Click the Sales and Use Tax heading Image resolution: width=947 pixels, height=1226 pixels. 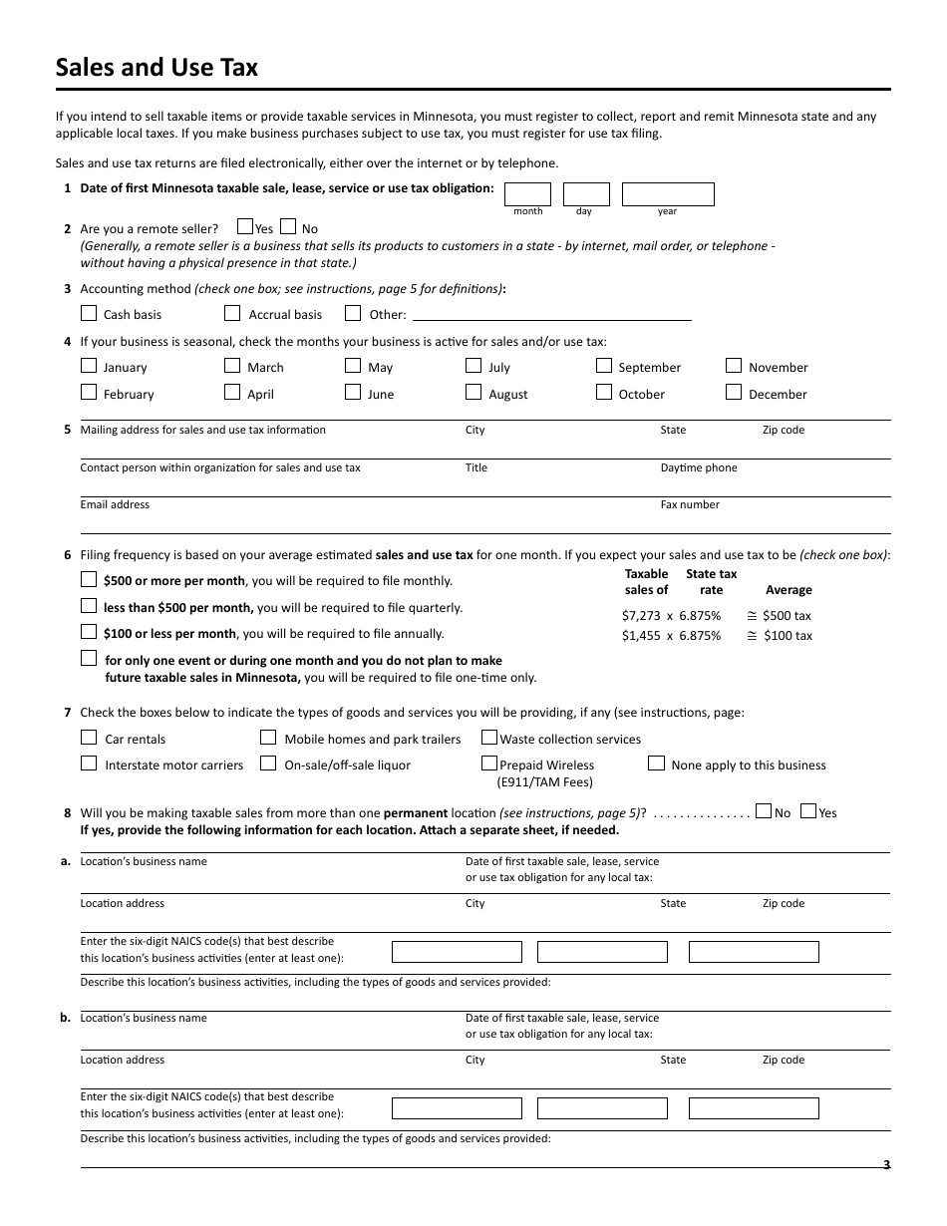pos(157,67)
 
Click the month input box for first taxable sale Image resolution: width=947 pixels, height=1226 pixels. pos(527,193)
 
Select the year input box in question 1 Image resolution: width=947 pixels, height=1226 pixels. pos(668,193)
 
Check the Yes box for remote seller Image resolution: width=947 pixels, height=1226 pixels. pos(245,226)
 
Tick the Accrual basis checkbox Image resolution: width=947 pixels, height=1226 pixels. pos(232,313)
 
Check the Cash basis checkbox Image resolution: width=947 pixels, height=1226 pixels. pos(89,313)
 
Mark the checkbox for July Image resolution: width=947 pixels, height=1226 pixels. pos(473,366)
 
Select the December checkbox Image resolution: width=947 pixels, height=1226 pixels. pos(734,393)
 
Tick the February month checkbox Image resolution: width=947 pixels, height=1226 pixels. pos(89,393)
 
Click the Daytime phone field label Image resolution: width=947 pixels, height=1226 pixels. pos(699,467)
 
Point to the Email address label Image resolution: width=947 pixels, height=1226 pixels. pos(115,504)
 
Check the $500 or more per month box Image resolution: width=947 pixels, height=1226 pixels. pos(89,579)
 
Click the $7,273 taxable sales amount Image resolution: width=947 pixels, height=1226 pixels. pos(641,616)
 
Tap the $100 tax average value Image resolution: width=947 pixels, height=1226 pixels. pos(787,635)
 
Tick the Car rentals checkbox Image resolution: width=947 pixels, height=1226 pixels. pos(89,738)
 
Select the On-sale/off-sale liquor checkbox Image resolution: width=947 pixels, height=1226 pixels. pos(267,764)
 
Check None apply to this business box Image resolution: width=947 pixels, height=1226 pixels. pos(656,764)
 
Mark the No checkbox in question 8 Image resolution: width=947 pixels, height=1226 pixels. pos(764,811)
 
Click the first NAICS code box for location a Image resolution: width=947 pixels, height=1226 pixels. pos(457,951)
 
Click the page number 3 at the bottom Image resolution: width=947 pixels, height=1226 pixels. pos(886,1165)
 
